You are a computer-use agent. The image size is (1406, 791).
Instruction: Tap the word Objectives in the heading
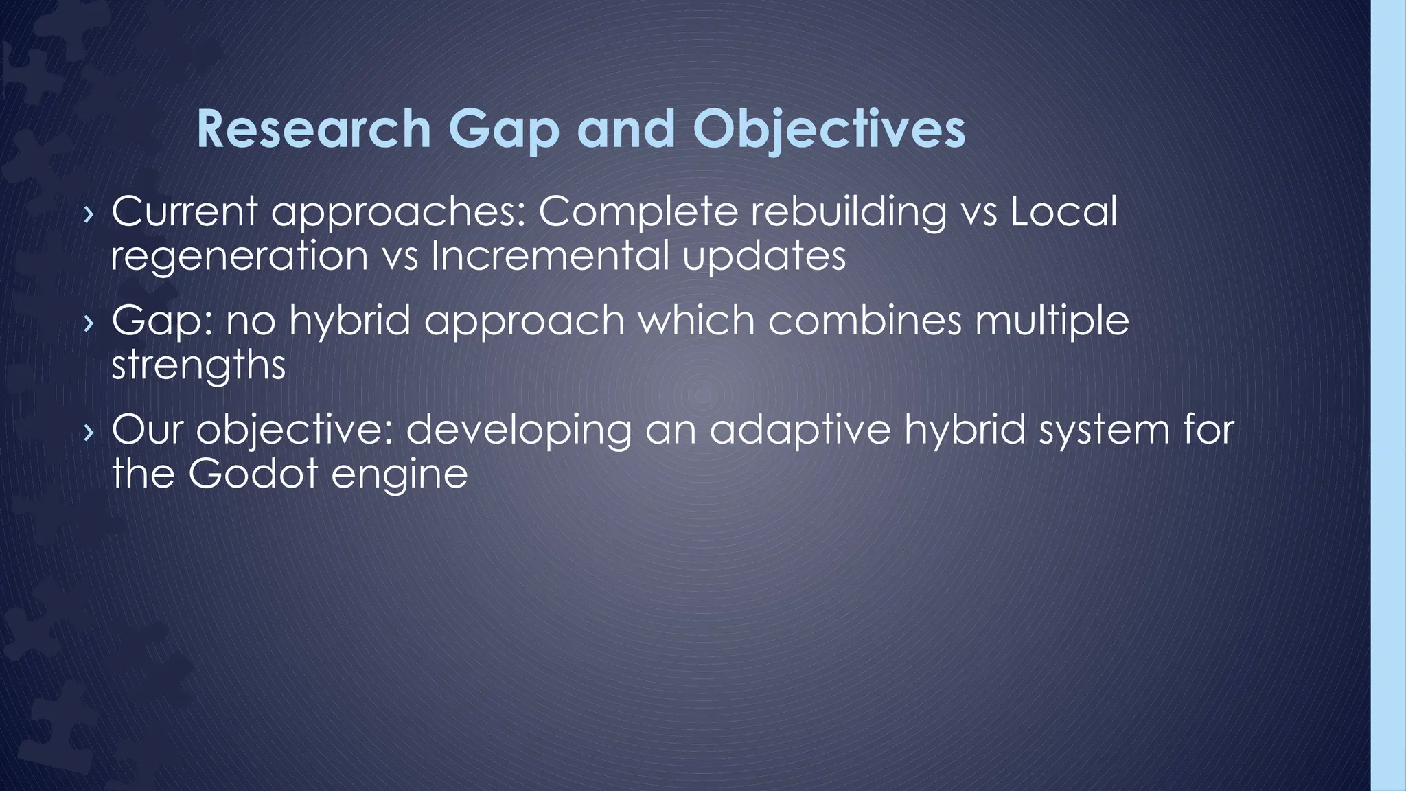(x=829, y=130)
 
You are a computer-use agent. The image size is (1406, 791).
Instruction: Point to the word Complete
(x=638, y=212)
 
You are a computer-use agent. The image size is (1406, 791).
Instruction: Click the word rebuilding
(x=847, y=212)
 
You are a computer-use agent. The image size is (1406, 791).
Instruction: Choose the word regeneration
(x=240, y=257)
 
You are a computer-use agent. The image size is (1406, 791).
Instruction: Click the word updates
(x=764, y=257)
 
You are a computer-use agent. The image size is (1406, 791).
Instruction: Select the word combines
(x=865, y=321)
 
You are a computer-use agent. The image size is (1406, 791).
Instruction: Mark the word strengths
(x=198, y=365)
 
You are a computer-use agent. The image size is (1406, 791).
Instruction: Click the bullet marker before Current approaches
(x=87, y=214)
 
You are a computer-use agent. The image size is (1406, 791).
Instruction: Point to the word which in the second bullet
(x=690, y=321)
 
